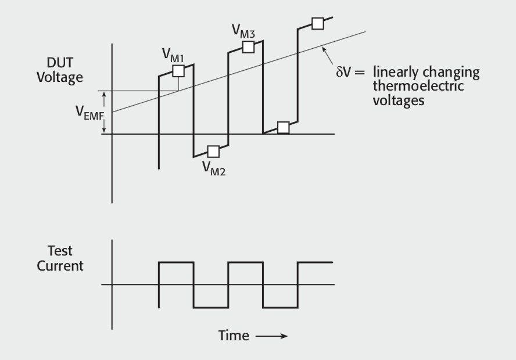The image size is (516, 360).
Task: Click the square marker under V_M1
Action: pyautogui.click(x=178, y=71)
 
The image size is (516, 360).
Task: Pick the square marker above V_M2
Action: pyautogui.click(x=213, y=152)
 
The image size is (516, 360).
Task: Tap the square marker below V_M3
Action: pyautogui.click(x=248, y=47)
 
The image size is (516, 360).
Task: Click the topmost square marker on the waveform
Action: pyautogui.click(x=317, y=23)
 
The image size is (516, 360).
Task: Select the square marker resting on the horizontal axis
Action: pyautogui.click(x=283, y=128)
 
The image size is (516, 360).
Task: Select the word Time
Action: pyautogui.click(x=235, y=336)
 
